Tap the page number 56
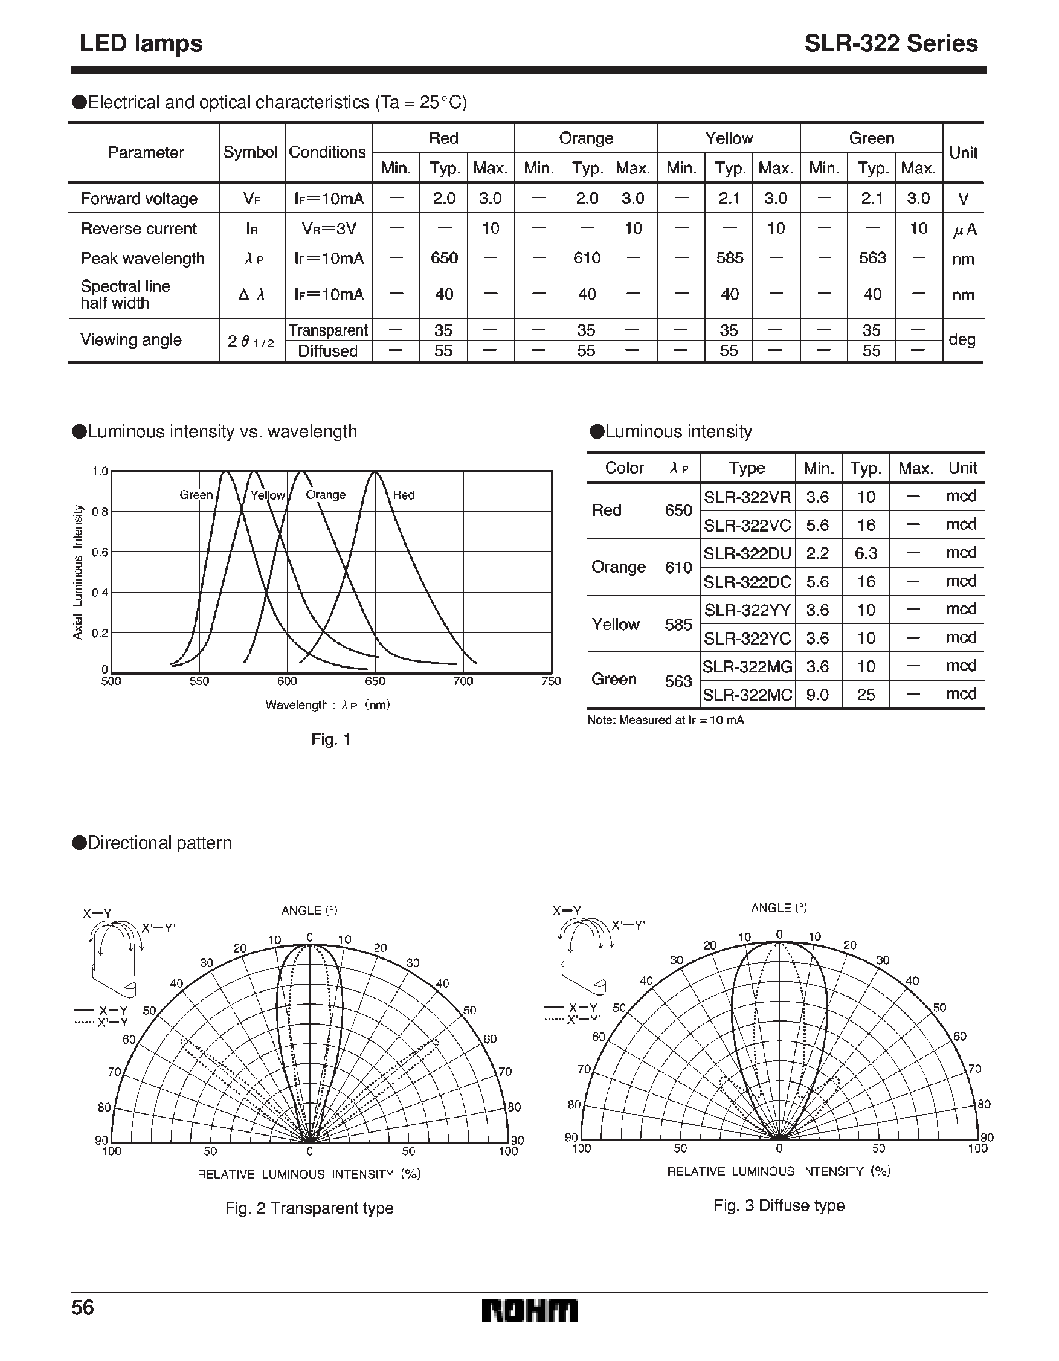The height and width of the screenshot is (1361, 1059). click(x=83, y=1307)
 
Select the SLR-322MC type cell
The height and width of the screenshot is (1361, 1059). click(x=747, y=694)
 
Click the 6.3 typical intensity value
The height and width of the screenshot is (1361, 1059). click(x=866, y=553)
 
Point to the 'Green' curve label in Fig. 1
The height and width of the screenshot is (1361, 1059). click(x=196, y=495)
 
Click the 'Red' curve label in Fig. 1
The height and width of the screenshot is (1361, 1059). click(x=404, y=495)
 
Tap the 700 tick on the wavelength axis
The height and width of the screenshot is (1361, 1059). click(x=463, y=681)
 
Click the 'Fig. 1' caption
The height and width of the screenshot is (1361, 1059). click(x=330, y=740)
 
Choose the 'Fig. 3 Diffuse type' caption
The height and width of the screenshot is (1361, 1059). click(x=779, y=1205)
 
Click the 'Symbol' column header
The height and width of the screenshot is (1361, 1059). click(x=250, y=152)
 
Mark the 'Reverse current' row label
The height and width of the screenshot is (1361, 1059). click(x=138, y=229)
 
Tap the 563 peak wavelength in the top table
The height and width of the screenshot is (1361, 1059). click(x=872, y=258)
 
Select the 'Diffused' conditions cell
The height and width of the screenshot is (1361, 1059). click(x=327, y=352)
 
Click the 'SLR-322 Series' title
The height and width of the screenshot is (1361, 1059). click(x=890, y=43)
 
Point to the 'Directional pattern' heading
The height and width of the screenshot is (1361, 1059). click(x=159, y=843)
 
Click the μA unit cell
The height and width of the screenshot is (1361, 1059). click(x=964, y=230)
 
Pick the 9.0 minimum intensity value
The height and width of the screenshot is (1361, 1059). click(x=817, y=694)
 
